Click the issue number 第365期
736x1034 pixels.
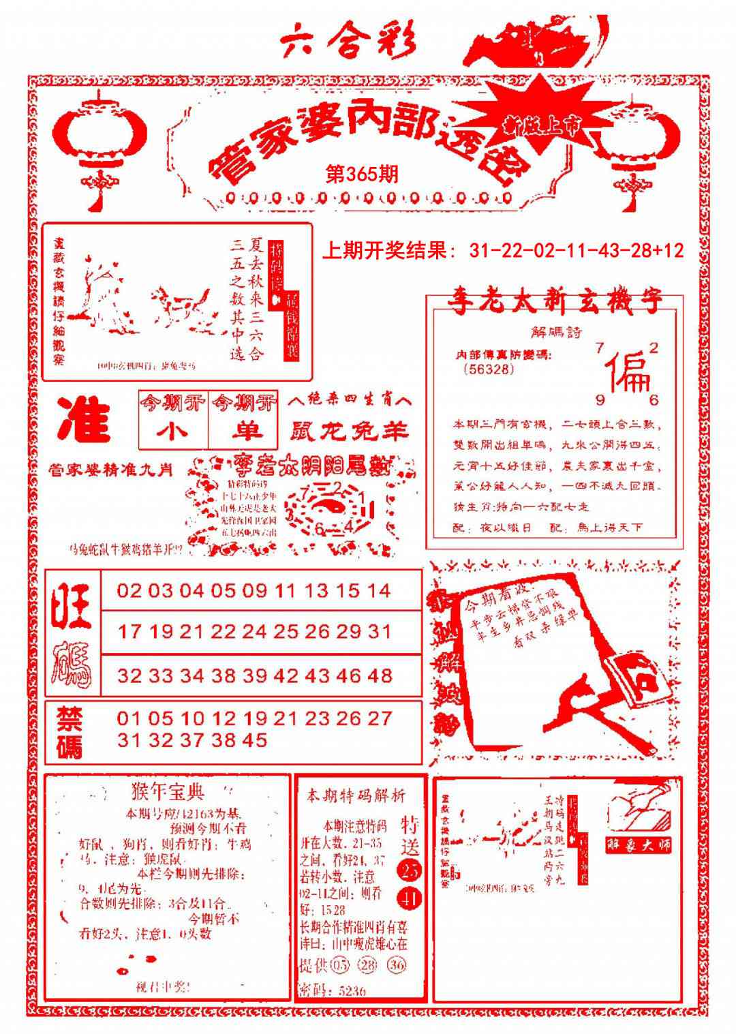[362, 174]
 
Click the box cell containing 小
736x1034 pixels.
[173, 430]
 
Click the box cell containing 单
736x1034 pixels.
[244, 430]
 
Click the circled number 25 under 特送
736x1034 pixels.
[411, 870]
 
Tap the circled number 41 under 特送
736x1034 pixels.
[412, 898]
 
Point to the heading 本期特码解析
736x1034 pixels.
[356, 795]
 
